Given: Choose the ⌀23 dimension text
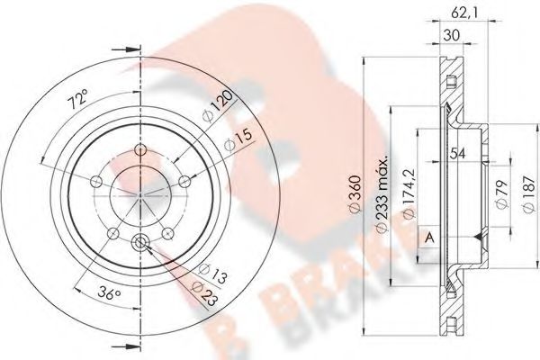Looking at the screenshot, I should pos(206,288).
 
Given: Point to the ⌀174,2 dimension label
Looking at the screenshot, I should pos(407,193).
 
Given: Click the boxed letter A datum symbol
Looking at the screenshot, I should pos(429,237).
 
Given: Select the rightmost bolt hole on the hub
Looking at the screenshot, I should pos(184,182).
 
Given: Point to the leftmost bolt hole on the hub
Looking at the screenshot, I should pos(95,181).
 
